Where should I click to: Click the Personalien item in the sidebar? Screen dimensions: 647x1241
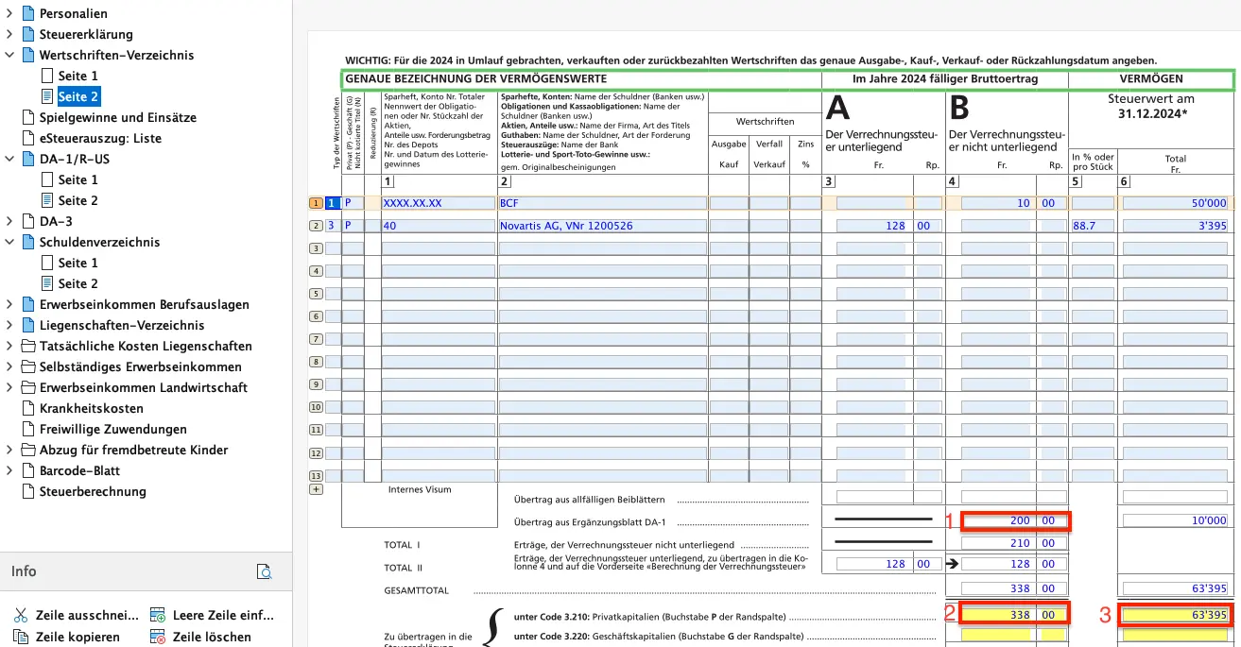pos(73,13)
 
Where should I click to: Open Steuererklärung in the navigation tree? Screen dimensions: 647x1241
pos(85,34)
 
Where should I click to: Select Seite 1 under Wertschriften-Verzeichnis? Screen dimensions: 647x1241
pos(78,76)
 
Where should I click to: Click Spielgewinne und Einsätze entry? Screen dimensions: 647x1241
pos(117,117)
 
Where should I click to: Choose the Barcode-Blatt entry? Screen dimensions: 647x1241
pos(79,470)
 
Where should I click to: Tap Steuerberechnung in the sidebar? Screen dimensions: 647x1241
pos(93,491)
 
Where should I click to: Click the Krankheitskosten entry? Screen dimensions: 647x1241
pos(91,408)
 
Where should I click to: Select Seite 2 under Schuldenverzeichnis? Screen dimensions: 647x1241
pos(78,283)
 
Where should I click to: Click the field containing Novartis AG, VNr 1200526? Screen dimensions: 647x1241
pos(602,226)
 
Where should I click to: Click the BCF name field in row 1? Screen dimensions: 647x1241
pos(602,203)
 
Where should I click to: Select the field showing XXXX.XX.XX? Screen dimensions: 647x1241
pos(438,203)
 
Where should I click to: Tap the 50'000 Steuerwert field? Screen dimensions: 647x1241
pos(1175,203)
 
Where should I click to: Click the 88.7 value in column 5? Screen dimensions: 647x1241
pos(1092,226)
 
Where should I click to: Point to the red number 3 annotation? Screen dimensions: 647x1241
pos(1104,616)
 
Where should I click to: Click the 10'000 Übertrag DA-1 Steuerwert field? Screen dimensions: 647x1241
pos(1175,520)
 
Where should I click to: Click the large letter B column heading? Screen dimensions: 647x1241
pos(959,110)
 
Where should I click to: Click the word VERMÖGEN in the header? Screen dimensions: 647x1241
pos(1150,79)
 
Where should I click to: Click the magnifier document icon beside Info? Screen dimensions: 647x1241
pos(265,571)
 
